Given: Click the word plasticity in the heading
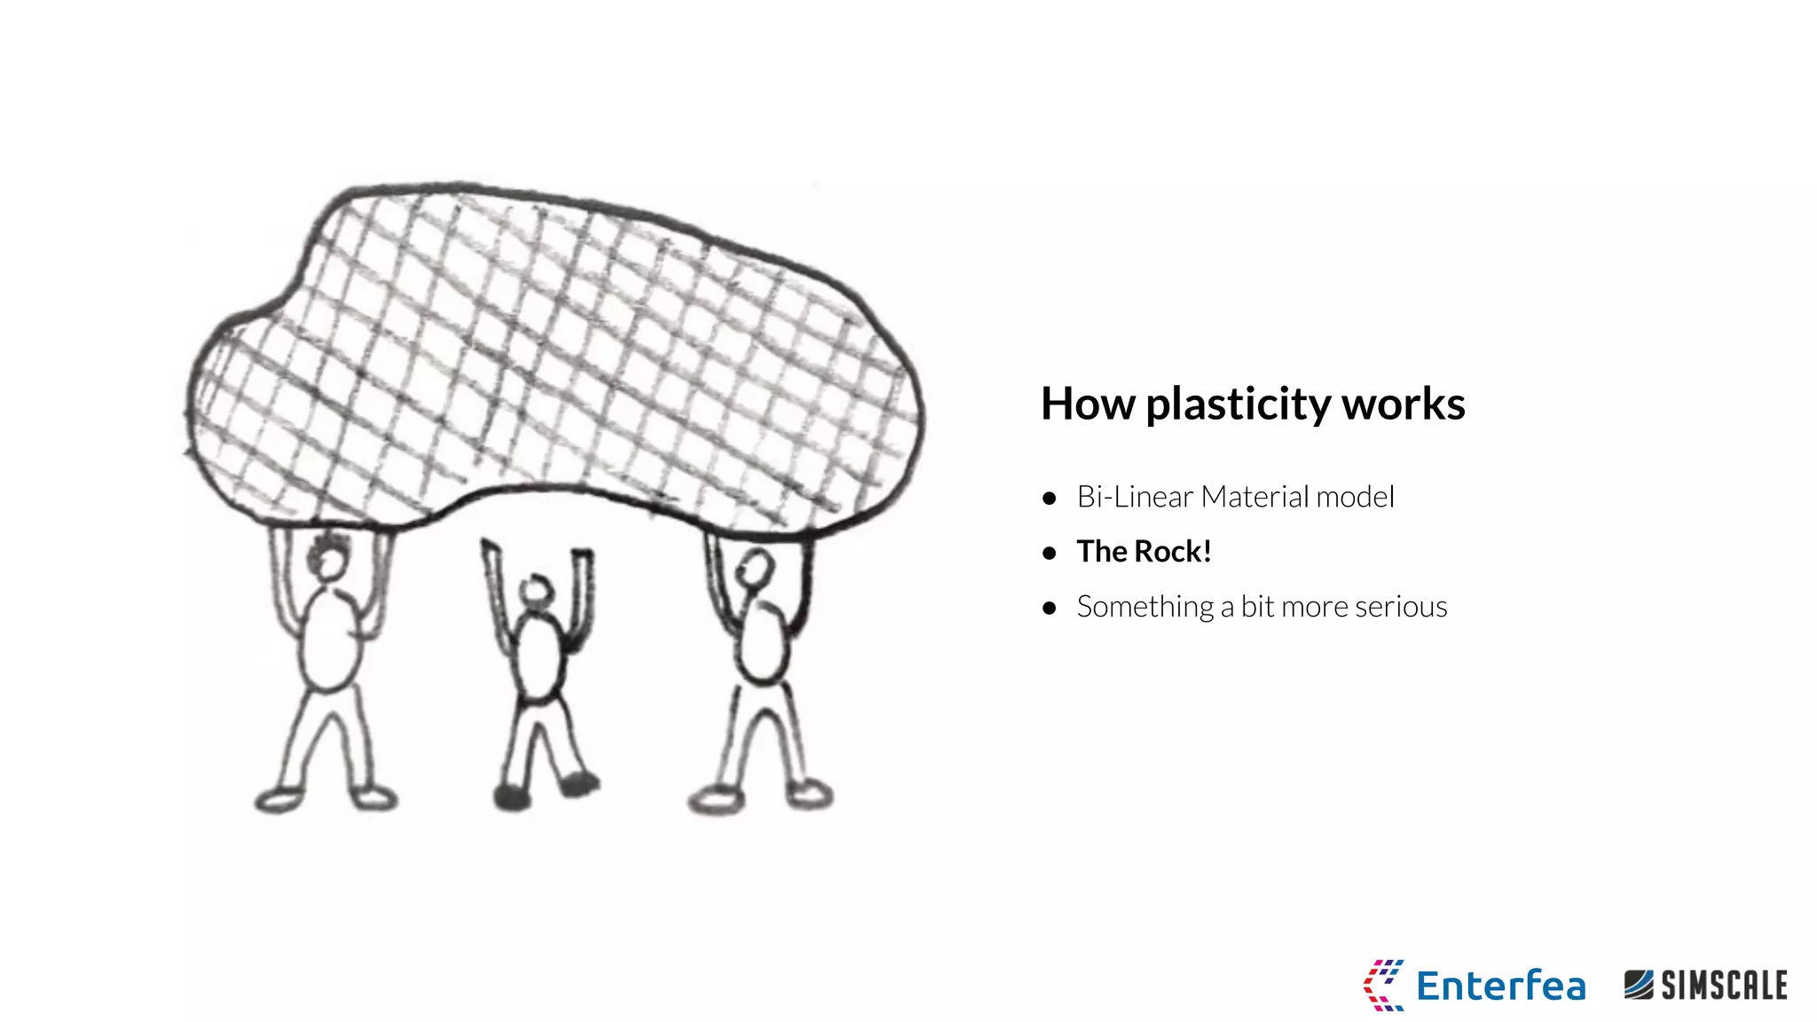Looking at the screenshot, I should coord(1238,405).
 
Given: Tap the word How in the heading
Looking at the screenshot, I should coord(1087,404).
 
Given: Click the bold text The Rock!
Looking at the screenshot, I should coord(1144,552).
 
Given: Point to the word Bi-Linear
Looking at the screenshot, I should coord(1135,497).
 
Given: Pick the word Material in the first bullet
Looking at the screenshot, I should coord(1255,497).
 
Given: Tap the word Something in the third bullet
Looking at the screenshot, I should coord(1144,608).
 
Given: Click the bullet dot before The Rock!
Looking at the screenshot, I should coord(1050,554).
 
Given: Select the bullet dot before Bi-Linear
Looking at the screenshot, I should coord(1050,499).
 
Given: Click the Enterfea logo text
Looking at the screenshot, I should coord(1500,986).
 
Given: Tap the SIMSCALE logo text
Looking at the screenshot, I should coord(1723,986).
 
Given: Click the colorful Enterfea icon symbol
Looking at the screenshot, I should coord(1383,985).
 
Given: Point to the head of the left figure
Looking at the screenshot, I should coord(329,562).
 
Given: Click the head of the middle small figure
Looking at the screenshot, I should coord(536,591).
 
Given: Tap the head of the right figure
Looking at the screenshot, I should coord(757,568).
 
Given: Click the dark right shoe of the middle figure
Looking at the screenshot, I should coord(579,783).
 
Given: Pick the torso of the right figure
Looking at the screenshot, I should coord(762,641).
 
